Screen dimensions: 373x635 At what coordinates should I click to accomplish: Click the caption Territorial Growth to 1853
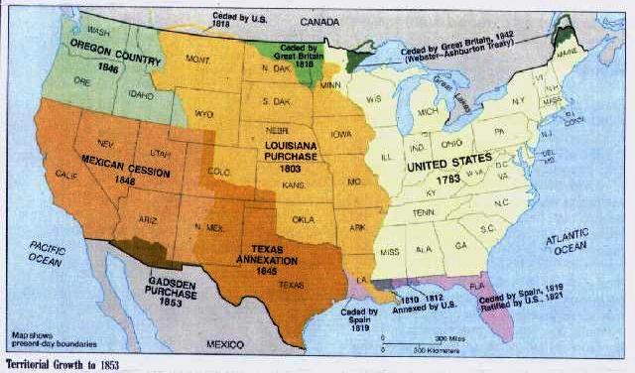click(x=62, y=364)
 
